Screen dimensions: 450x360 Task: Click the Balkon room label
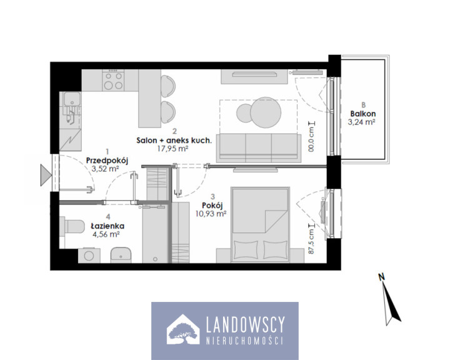[362, 114]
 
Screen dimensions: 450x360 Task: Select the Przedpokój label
[107, 161]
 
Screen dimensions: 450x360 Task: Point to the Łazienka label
[107, 226]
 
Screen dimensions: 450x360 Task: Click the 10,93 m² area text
[211, 214]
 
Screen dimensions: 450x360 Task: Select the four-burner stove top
[113, 81]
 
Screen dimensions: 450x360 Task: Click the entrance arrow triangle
[46, 175]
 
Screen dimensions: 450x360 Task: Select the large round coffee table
[266, 112]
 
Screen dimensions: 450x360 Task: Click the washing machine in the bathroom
[89, 256]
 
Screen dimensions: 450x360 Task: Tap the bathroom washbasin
[121, 254]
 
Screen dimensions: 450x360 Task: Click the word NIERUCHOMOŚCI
[245, 341]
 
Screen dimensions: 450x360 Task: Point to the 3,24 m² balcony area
[362, 122]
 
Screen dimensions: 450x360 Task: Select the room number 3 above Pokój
[212, 197]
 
